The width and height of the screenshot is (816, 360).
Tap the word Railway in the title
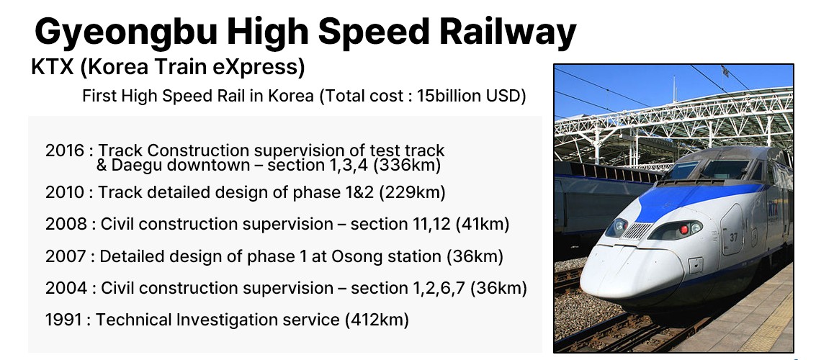(508, 32)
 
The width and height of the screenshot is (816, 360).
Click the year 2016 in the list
(65, 150)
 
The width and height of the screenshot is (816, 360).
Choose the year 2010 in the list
(65, 192)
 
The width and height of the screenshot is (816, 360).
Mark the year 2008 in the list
(66, 224)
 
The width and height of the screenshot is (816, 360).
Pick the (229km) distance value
(412, 192)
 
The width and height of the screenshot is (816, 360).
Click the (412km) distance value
(377, 320)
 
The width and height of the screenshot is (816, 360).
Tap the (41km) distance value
(483, 224)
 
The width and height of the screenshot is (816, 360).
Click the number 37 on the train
(733, 237)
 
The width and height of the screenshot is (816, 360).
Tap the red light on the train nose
(683, 229)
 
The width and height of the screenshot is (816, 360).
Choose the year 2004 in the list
(66, 288)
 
